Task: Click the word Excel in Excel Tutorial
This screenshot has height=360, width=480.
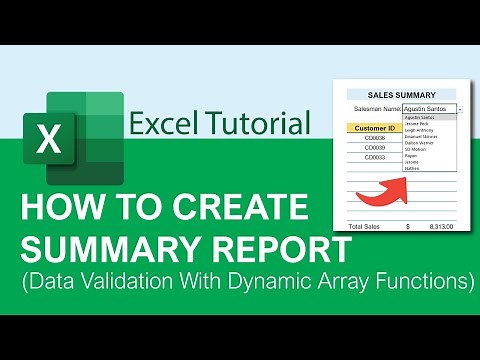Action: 160,124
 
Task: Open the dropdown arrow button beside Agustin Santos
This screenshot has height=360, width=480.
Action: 460,108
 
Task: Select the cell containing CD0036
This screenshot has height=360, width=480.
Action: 375,139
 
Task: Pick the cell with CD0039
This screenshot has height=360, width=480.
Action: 375,148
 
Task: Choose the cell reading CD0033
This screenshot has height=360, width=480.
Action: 375,157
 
